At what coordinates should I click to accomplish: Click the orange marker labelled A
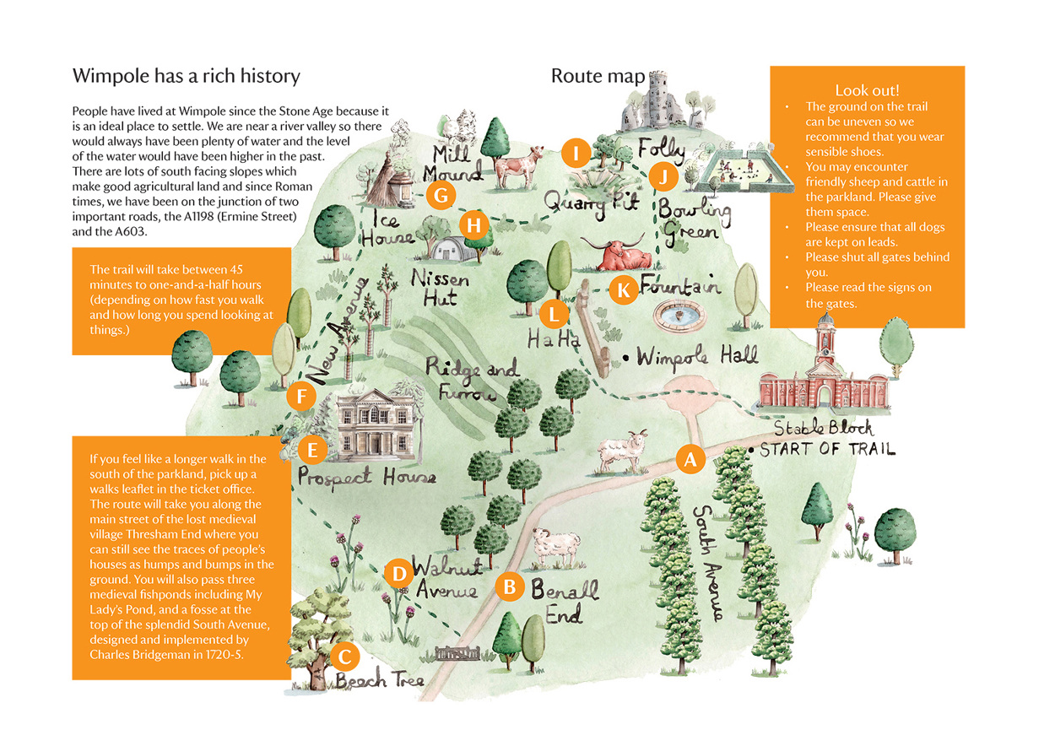690,460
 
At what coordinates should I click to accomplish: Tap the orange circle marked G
440,195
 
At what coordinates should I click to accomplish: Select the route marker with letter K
623,290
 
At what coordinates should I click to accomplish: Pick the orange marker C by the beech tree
344,656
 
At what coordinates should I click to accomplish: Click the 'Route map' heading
598,76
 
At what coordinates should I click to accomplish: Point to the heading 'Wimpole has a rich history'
187,76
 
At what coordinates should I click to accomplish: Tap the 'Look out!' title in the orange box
867,90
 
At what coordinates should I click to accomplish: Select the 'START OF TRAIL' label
827,449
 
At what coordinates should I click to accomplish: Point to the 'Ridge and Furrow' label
473,380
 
